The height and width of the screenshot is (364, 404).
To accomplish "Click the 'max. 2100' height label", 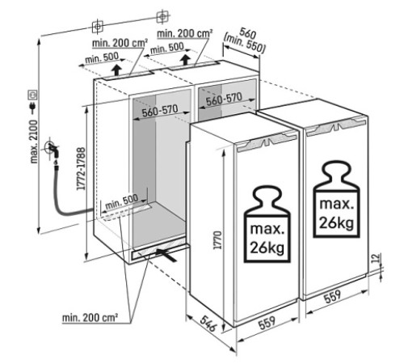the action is coord(34,142).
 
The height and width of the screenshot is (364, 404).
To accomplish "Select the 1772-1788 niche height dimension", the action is coord(81,168).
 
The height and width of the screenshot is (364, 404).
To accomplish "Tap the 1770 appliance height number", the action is coord(217,240).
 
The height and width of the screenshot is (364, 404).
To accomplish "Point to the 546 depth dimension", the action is coord(208,324).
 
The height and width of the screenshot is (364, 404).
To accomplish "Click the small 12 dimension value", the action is coord(377,258).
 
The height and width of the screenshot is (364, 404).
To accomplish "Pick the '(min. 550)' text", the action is coord(245,43).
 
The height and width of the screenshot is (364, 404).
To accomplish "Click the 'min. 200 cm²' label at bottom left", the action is coord(90,318).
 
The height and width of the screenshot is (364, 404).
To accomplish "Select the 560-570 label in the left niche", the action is coord(160,111).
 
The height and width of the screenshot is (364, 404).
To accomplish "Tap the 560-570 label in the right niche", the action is coord(224,99).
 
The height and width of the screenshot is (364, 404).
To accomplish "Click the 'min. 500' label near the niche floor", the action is coord(122,202).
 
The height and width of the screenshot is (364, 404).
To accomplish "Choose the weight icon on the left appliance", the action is coord(267,223).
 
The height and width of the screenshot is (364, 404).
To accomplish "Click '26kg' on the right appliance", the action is coord(336,223).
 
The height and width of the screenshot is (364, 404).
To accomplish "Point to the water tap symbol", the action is coord(52,148).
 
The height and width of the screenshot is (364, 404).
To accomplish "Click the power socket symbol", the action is coord(33,95).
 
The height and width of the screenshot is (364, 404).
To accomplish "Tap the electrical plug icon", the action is coord(33,107).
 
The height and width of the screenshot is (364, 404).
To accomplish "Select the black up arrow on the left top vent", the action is coord(116,70).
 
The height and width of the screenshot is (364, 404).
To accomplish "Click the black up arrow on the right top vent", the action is coord(185,59).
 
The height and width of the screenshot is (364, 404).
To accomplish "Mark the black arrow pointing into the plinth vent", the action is coord(166,255).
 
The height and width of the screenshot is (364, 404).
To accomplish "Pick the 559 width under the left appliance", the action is coord(267,322).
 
